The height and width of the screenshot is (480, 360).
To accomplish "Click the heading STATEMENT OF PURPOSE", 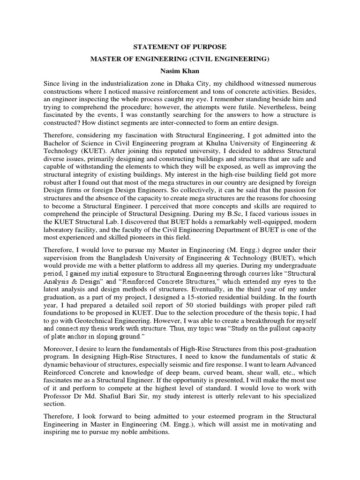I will (180, 47).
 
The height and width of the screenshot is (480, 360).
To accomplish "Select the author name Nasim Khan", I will (180, 71).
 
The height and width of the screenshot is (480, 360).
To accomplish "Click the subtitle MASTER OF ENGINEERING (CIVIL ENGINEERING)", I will (180, 59).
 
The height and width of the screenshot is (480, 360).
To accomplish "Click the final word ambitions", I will (150, 432).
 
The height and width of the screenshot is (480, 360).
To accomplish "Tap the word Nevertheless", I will (281, 108).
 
